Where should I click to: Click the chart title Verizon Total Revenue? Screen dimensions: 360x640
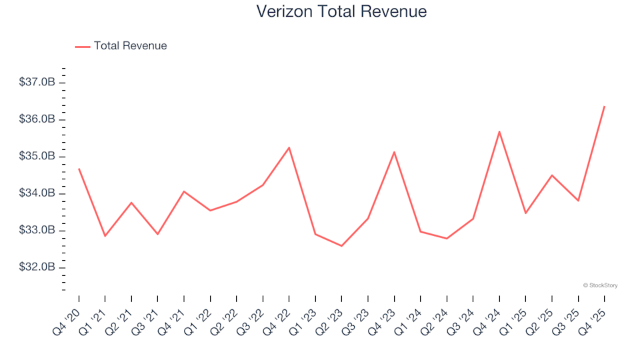click(x=341, y=11)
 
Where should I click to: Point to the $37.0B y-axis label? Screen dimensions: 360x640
click(x=37, y=83)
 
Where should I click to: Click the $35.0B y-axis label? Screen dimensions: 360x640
click(x=37, y=157)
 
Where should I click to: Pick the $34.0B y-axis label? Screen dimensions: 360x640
click(x=37, y=194)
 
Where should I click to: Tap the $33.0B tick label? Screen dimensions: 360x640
click(x=37, y=231)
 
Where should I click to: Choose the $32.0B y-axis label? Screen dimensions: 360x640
click(x=37, y=268)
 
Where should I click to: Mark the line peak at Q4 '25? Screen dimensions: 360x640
click(x=604, y=107)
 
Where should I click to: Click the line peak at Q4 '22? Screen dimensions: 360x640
click(x=289, y=147)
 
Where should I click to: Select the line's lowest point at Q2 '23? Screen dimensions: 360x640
click(x=341, y=246)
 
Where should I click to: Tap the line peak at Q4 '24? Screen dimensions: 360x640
click(x=499, y=131)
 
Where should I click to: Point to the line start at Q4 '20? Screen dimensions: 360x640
click(x=79, y=169)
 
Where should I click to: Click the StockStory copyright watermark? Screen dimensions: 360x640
click(x=600, y=285)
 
